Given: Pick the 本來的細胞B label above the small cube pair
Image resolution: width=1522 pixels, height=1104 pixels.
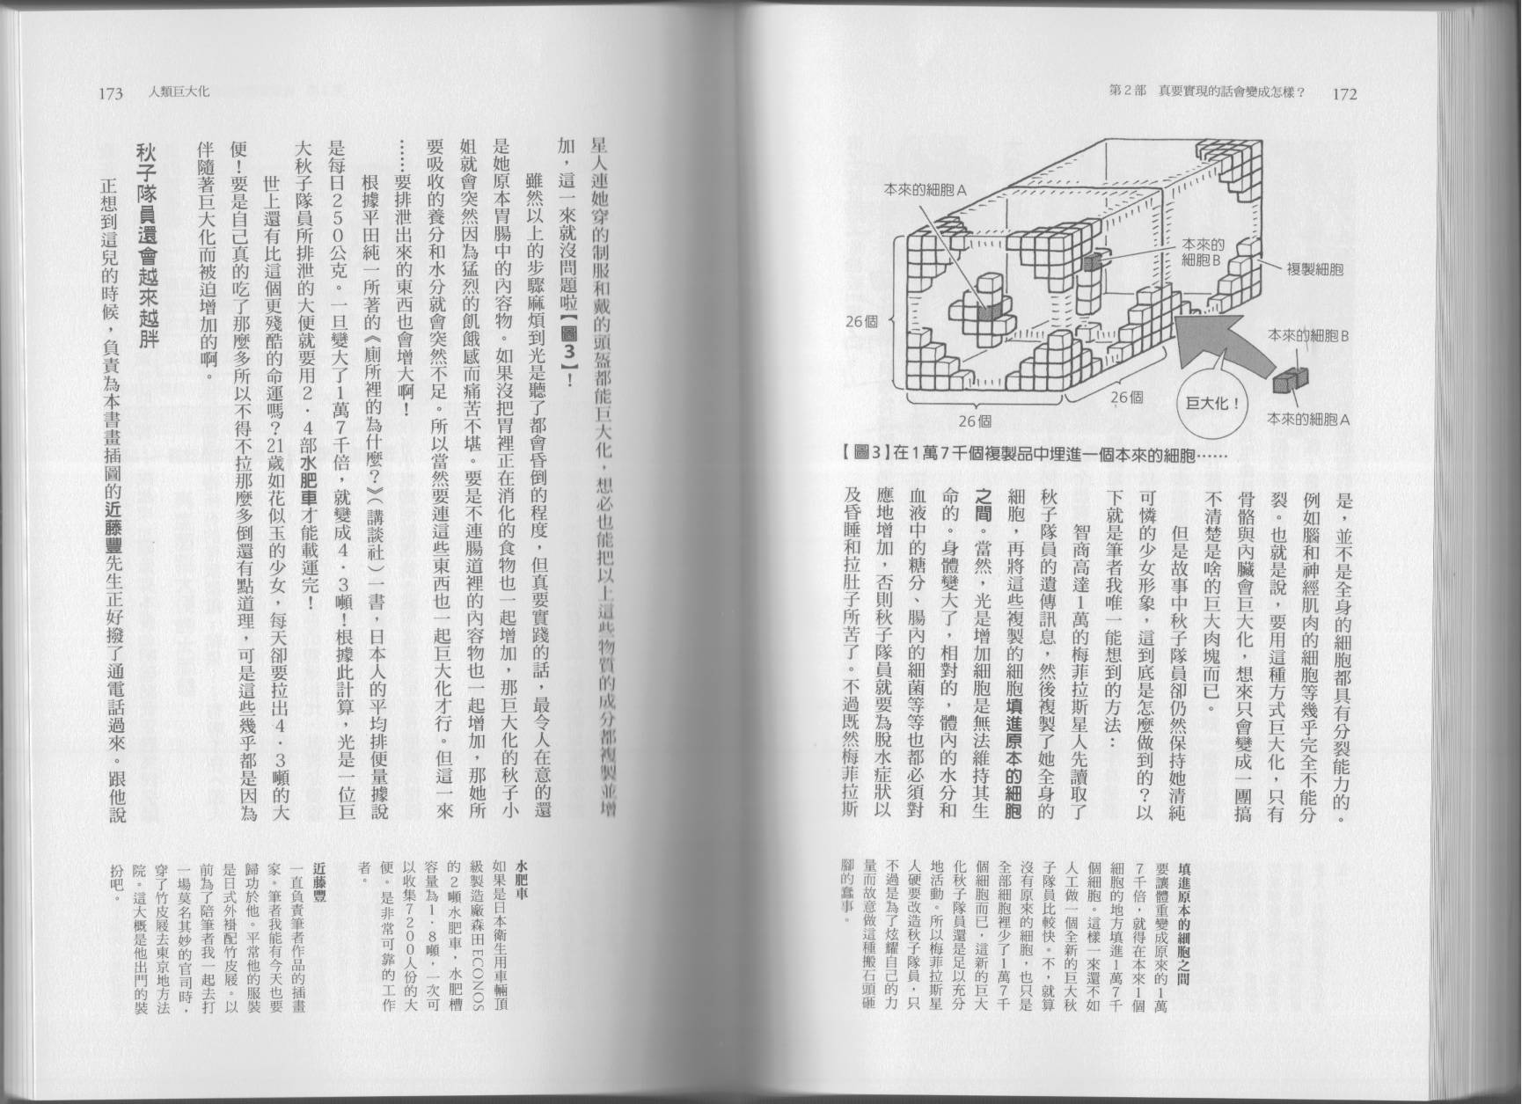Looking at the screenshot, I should tap(1307, 336).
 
